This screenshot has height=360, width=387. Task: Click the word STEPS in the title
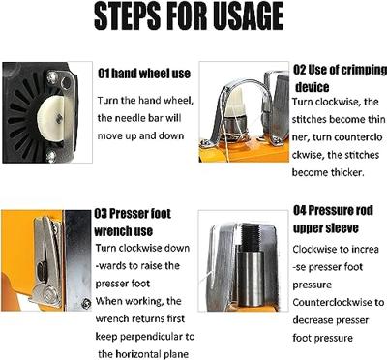(128, 16)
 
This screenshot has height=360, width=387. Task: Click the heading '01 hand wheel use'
(144, 74)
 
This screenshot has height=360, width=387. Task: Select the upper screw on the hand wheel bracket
(51, 76)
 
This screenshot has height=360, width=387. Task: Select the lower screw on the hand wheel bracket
(51, 156)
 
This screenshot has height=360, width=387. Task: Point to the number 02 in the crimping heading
(299, 70)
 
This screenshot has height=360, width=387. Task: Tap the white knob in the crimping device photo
(234, 103)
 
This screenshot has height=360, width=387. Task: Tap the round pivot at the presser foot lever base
(47, 294)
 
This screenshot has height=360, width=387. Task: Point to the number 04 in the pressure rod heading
(300, 211)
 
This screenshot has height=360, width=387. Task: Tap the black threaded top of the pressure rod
(251, 236)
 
